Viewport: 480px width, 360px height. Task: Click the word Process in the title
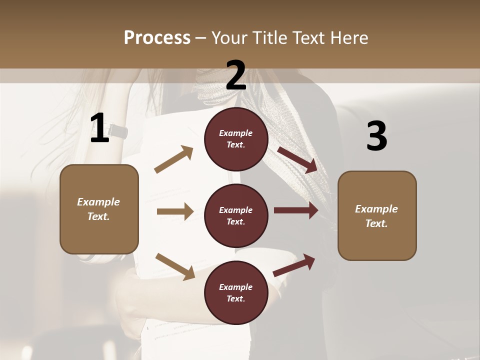coord(157,37)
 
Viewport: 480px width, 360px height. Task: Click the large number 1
coord(99,128)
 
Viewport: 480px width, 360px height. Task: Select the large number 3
coord(376,136)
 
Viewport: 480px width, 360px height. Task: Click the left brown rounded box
coord(99,209)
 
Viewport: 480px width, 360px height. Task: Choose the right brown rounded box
coord(377,215)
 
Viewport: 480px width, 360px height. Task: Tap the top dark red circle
coord(236,139)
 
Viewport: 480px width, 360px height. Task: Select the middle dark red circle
coord(236,216)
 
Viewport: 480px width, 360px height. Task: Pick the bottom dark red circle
coord(236,292)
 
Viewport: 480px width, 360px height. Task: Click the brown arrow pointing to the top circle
coord(174,159)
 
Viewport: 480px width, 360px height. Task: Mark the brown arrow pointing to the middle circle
coord(174,211)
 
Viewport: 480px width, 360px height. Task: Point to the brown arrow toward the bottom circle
coord(175,266)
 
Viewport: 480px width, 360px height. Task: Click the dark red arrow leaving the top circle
coord(298,160)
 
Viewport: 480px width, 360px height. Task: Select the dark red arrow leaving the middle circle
coord(296,210)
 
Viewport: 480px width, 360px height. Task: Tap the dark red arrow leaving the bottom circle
coord(294,265)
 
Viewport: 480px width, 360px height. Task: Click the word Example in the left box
coord(98,202)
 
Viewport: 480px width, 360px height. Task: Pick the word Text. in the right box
coord(376,223)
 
